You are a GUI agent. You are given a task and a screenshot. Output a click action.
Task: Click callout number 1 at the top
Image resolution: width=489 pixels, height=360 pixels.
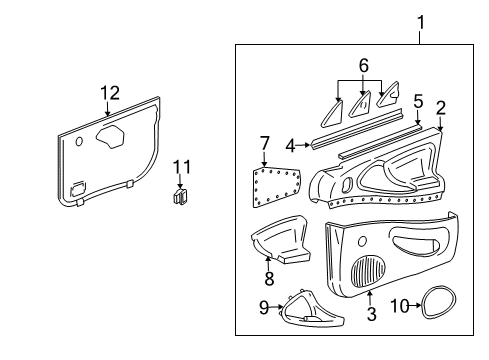[x=420, y=20]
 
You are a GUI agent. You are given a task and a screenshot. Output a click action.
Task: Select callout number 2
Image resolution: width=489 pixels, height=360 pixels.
[x=441, y=108]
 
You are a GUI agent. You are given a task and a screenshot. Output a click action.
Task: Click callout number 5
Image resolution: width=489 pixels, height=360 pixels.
[x=418, y=101]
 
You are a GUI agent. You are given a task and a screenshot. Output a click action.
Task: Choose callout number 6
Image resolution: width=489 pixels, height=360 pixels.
[x=362, y=65]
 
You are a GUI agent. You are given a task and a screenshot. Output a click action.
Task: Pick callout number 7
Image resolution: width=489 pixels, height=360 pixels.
[x=264, y=143]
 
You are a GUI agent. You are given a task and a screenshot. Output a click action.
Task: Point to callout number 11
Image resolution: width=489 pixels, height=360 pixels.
[x=181, y=165]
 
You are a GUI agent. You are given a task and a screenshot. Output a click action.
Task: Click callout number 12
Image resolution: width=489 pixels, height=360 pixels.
[x=109, y=93]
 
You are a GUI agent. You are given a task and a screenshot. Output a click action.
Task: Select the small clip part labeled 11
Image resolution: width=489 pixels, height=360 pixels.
[x=181, y=196]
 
